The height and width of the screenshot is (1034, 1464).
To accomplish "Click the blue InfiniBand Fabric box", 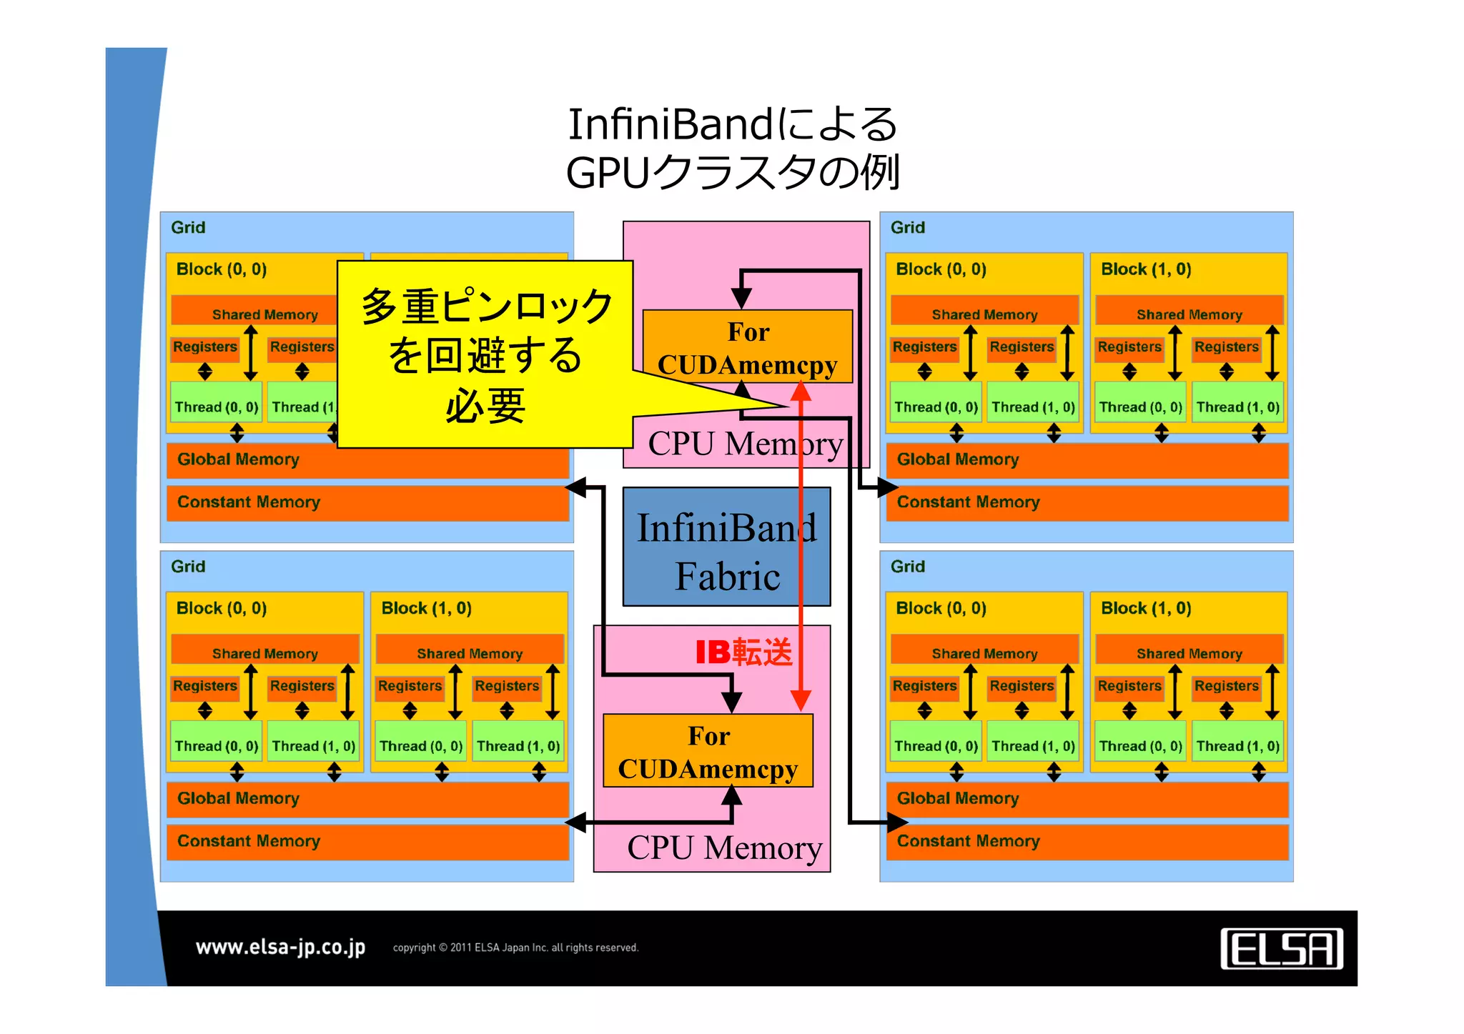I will click(726, 547).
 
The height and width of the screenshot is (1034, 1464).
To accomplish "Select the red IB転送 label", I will click(743, 652).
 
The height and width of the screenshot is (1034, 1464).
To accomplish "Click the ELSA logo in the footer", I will click(1281, 949).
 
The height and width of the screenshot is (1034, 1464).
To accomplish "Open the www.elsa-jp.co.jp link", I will click(280, 948).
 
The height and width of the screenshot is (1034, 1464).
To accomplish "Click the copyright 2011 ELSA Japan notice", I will click(515, 948).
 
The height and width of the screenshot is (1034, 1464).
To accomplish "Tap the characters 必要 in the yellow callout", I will click(485, 406).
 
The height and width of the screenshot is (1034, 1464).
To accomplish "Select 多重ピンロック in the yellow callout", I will click(486, 307).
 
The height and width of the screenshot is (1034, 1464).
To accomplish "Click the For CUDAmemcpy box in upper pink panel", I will click(747, 347).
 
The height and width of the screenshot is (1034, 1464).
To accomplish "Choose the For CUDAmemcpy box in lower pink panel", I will click(708, 752).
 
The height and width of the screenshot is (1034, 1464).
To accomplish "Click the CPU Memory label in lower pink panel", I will click(724, 848).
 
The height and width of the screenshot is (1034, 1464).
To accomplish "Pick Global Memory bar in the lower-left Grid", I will click(367, 799).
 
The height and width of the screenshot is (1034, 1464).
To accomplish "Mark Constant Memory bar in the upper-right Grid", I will click(1087, 502).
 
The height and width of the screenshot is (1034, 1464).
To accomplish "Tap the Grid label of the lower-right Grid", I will click(907, 567).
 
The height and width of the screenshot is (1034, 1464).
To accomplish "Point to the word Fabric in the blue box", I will click(727, 576).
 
